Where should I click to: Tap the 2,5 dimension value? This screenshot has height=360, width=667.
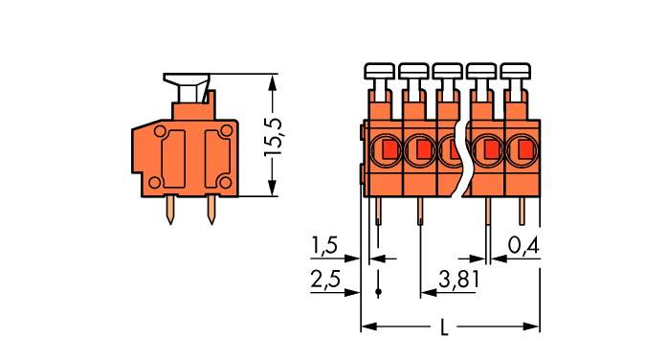324,280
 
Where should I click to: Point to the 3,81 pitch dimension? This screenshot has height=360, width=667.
458,280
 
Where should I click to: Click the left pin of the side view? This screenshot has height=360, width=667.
170,210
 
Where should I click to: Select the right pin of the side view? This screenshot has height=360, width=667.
210,210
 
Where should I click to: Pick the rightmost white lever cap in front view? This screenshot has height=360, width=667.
516,70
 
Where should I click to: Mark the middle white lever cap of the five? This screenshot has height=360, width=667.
448,70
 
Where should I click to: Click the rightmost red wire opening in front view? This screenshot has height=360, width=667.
524,149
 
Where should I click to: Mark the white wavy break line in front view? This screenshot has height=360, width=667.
466,158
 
